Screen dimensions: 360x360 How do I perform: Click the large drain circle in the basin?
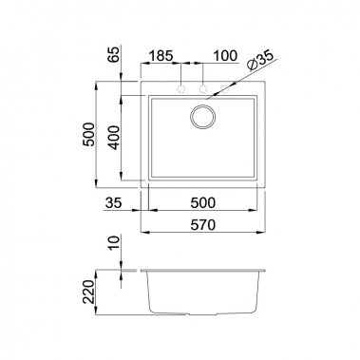pyautogui.click(x=203, y=119)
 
